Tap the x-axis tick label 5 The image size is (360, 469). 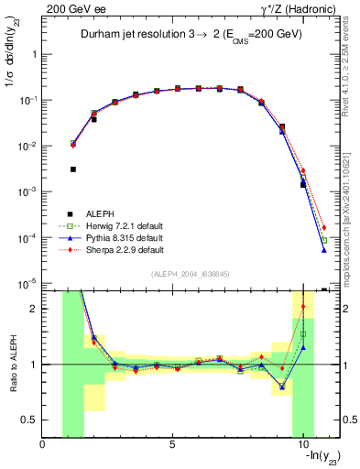(x=172, y=446)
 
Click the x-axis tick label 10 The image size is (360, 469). (x=302, y=446)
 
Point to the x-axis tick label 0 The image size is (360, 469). (x=42, y=446)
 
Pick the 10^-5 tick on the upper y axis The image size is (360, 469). (x=27, y=284)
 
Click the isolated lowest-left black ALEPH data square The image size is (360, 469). (x=73, y=169)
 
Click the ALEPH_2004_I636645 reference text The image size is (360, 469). (x=190, y=276)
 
